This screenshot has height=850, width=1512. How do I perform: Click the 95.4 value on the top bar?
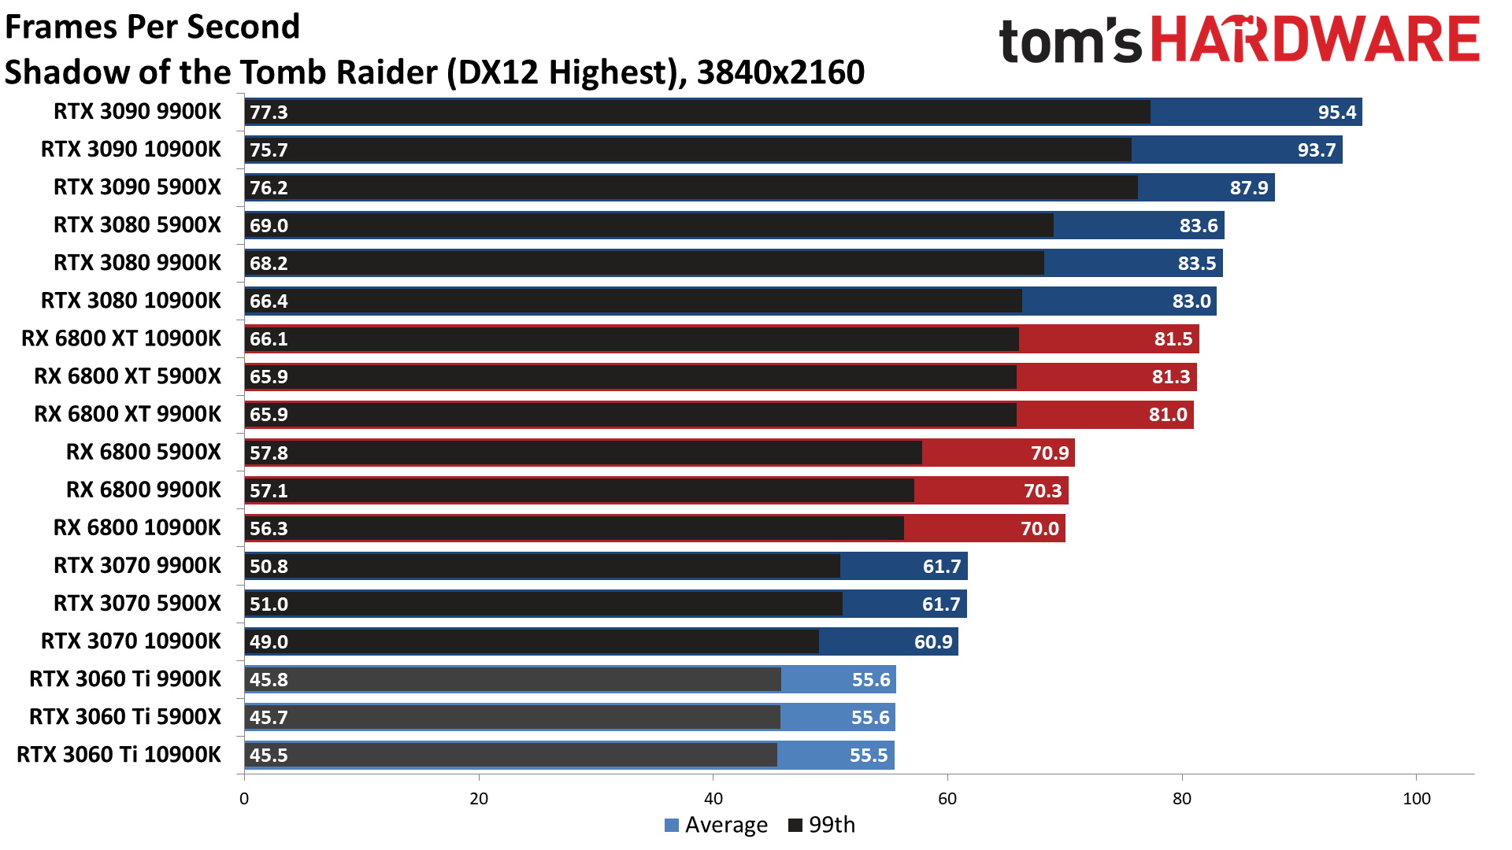(x=1336, y=112)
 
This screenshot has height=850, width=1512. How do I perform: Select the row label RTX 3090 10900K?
(x=131, y=149)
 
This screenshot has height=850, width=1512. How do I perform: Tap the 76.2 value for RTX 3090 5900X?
(x=269, y=187)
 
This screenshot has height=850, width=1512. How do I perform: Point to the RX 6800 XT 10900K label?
(x=121, y=338)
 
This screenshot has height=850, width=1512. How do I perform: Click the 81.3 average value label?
(x=1170, y=377)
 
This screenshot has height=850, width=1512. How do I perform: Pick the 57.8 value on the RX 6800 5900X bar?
(x=269, y=453)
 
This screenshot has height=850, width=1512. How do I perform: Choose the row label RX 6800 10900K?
(x=137, y=527)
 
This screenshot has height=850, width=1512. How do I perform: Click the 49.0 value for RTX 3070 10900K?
(x=269, y=641)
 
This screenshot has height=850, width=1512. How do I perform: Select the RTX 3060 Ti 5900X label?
(x=125, y=716)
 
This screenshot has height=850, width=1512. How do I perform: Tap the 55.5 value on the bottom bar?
(x=868, y=755)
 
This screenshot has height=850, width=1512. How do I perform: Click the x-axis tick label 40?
(x=713, y=799)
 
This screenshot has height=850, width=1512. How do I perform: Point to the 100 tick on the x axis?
(x=1416, y=799)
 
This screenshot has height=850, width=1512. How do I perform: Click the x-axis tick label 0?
(x=244, y=799)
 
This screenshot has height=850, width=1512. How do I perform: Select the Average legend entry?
(x=716, y=825)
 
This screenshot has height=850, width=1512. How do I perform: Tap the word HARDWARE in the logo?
(x=1315, y=39)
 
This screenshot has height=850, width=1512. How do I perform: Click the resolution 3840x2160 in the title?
(x=780, y=72)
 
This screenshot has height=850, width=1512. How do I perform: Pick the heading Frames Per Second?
(x=153, y=27)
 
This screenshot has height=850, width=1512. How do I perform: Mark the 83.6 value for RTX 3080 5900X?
(x=1198, y=225)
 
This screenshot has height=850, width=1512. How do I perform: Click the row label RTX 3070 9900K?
(x=137, y=565)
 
